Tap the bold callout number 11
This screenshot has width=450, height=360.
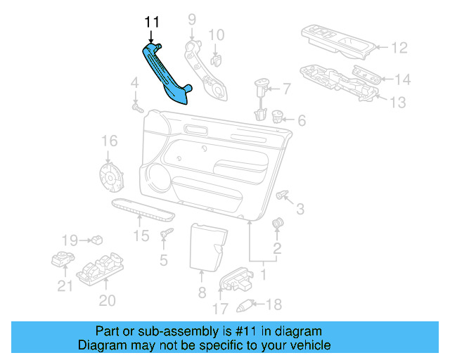(153, 22)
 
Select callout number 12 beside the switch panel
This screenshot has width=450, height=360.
(399, 49)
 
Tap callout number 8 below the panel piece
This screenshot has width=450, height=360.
(201, 292)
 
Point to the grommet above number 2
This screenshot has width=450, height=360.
(277, 224)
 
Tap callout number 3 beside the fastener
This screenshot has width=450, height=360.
(300, 208)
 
